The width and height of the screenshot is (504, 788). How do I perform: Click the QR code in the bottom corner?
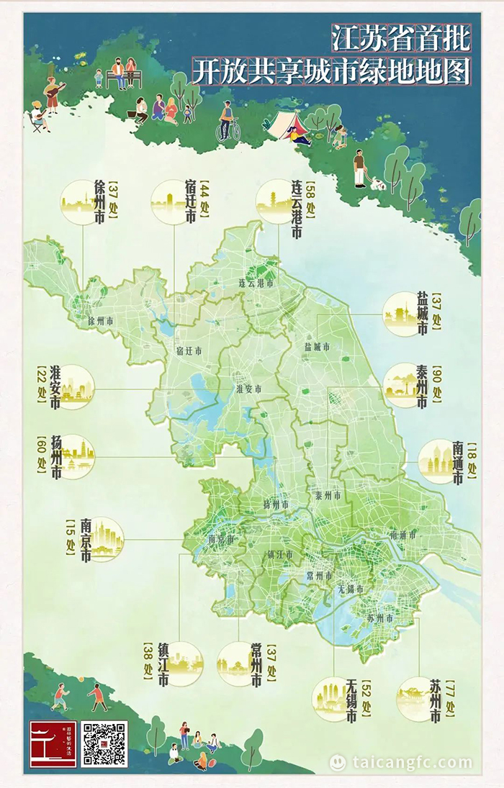(104, 743)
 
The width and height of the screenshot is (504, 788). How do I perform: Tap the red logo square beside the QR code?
(53, 743)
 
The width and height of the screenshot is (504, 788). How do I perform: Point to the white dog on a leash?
(378, 184)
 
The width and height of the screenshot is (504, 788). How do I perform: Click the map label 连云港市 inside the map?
(257, 284)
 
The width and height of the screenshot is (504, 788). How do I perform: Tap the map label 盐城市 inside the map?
(317, 347)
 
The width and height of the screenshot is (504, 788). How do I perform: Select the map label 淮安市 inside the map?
(248, 389)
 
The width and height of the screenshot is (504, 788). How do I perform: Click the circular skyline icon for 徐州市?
(81, 201)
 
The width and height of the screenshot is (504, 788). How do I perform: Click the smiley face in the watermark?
(338, 762)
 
